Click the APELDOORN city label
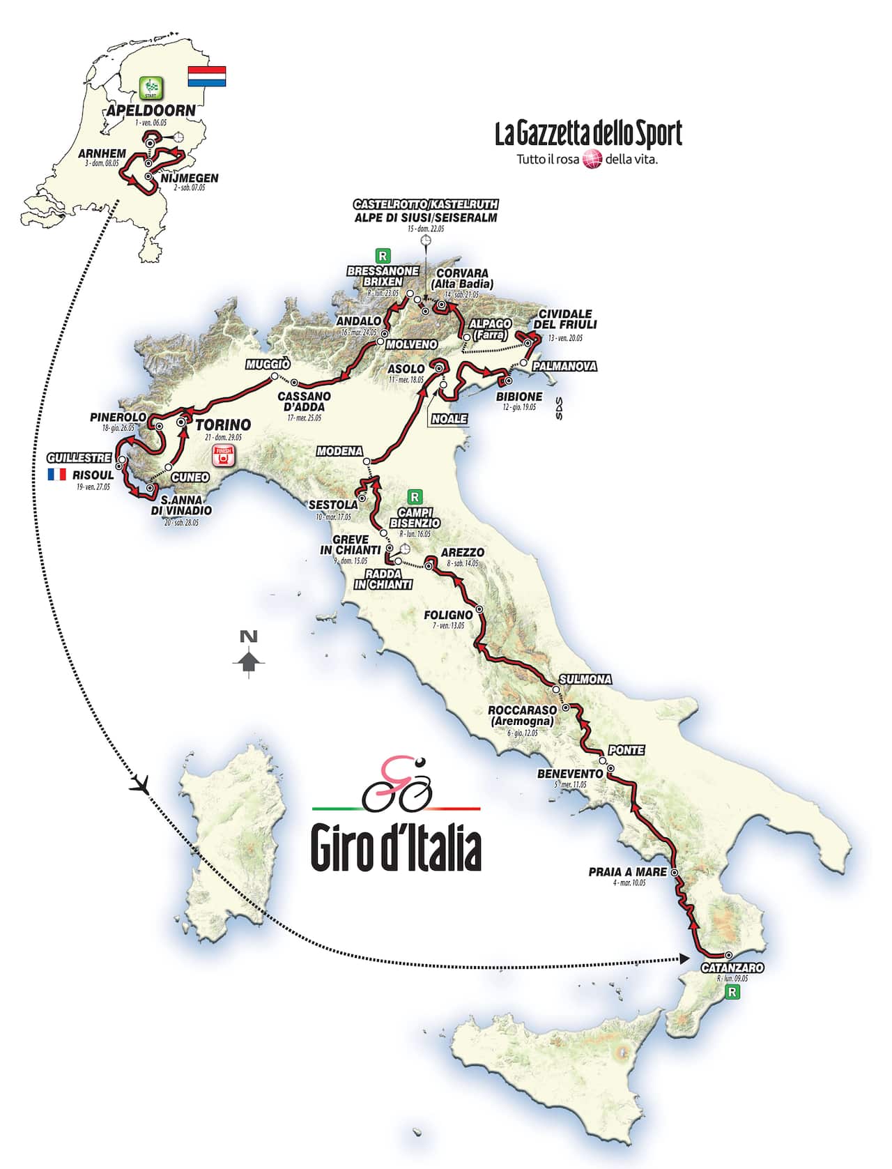point(151,111)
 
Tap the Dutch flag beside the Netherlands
point(207,77)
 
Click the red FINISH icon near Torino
point(224,455)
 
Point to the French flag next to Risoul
point(56,474)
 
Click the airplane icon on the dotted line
point(141,785)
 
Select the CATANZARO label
point(732,968)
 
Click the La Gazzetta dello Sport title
point(588,134)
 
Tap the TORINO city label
point(223,425)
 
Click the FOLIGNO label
point(448,615)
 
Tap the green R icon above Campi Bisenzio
point(415,496)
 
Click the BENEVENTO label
point(569,774)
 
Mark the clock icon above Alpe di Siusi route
point(426,240)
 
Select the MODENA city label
point(339,451)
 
